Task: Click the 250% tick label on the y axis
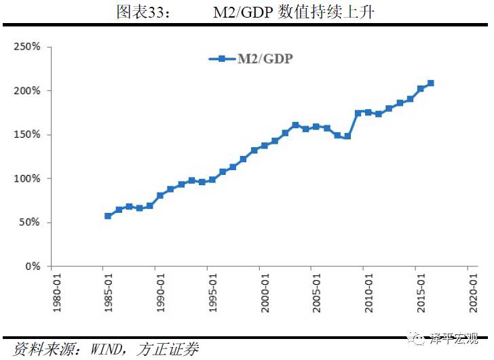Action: pyautogui.click(x=27, y=47)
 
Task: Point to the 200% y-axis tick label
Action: pyautogui.click(x=27, y=91)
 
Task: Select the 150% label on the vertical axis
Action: pyautogui.click(x=27, y=135)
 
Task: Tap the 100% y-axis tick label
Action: pyautogui.click(x=27, y=179)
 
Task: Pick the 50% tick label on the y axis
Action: pyautogui.click(x=30, y=223)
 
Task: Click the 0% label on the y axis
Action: pyautogui.click(x=33, y=266)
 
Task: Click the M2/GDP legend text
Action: pyautogui.click(x=265, y=59)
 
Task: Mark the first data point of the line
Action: pyautogui.click(x=108, y=216)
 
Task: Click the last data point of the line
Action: pyautogui.click(x=431, y=83)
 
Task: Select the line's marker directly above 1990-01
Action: pyautogui.click(x=160, y=195)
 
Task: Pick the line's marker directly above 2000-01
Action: pyautogui.click(x=264, y=145)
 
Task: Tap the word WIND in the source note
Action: pyautogui.click(x=100, y=349)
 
